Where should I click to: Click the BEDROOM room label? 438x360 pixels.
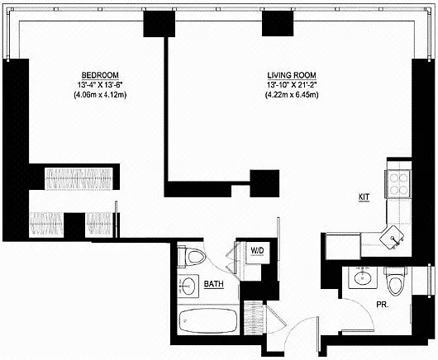100,75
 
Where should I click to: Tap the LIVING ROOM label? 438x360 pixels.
292,75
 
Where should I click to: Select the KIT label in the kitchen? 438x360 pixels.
364,197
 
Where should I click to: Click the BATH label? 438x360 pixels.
214,284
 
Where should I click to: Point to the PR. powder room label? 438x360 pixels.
383,305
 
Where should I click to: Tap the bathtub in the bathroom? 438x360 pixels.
208,320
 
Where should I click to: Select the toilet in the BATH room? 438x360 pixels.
192,257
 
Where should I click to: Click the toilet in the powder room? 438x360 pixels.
395,281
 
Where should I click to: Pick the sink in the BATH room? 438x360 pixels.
188,286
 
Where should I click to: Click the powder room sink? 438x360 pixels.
363,277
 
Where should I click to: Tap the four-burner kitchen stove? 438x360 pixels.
398,184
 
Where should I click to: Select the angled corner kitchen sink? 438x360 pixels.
393,238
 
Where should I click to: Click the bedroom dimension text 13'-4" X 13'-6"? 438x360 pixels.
100,85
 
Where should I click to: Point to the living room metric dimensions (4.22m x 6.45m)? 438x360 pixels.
292,95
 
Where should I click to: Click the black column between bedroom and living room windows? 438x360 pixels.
159,24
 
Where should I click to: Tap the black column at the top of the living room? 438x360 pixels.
278,23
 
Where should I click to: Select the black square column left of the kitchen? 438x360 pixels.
264,183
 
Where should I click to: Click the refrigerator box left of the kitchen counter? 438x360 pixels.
343,246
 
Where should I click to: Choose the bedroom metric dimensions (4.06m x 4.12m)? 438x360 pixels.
100,95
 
